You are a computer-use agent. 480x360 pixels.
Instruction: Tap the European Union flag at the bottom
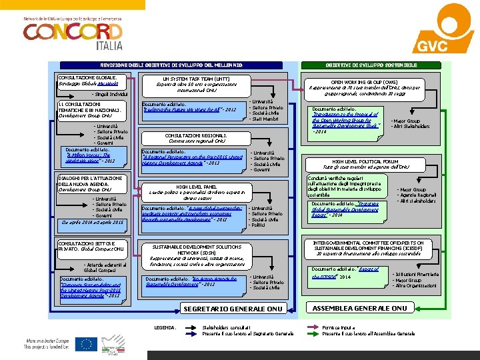point(85,345)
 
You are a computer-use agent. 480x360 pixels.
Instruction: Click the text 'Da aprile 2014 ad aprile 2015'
point(91,222)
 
